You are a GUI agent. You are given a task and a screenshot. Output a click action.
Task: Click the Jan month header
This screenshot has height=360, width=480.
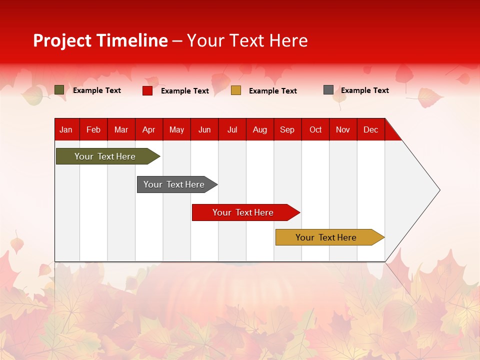coord(66,129)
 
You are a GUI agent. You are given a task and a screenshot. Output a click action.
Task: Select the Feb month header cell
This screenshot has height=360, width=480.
coord(93,129)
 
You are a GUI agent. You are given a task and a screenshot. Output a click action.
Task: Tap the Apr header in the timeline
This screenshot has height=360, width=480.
coord(149,129)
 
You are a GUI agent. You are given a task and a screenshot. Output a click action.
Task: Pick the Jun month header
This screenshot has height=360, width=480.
coord(204,129)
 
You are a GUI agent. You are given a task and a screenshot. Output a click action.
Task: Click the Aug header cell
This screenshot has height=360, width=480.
coord(260,129)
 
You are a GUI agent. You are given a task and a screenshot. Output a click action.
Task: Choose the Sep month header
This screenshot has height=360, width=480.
coord(287,129)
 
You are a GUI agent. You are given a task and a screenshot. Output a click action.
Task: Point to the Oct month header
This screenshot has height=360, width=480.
coord(315,129)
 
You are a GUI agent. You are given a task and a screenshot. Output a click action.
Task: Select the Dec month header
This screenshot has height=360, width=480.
coord(371,129)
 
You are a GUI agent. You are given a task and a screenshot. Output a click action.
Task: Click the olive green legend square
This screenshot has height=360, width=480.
coord(59,90)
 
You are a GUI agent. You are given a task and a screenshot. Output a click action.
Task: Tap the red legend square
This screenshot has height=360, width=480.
coord(147,90)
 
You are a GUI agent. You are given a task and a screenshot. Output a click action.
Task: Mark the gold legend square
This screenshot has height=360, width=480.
coord(236,90)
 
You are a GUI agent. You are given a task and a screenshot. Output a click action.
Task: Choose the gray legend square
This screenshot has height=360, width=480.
coord(328,90)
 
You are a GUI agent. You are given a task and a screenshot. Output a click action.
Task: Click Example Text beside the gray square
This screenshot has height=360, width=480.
coord(364,90)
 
